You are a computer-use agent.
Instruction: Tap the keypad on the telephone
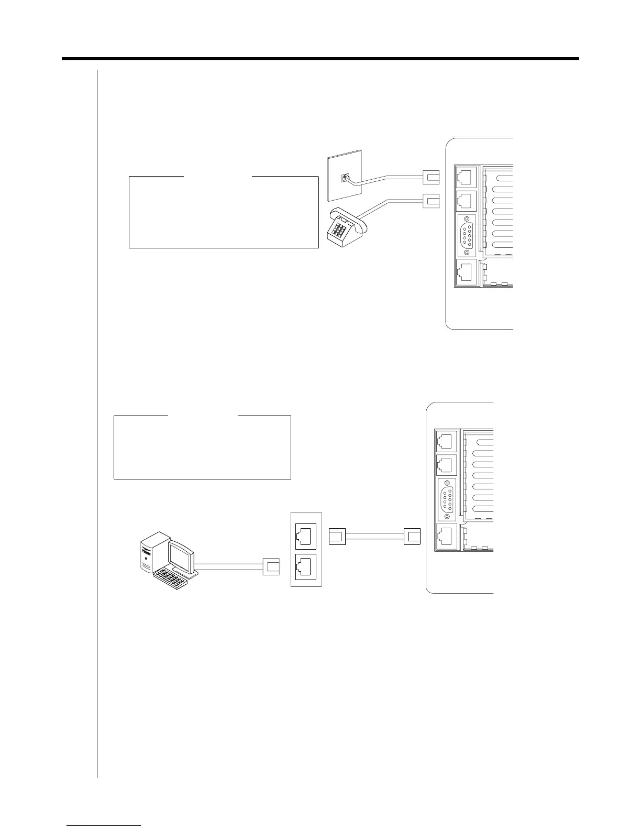[340, 231]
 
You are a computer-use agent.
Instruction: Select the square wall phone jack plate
[344, 178]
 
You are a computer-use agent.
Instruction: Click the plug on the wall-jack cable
[432, 178]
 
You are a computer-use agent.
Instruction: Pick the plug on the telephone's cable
[432, 200]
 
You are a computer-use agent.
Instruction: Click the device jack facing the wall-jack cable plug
[465, 177]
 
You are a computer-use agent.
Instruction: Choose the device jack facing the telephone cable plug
[465, 201]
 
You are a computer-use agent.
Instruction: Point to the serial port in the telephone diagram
[466, 236]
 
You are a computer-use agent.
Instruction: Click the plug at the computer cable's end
[272, 566]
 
